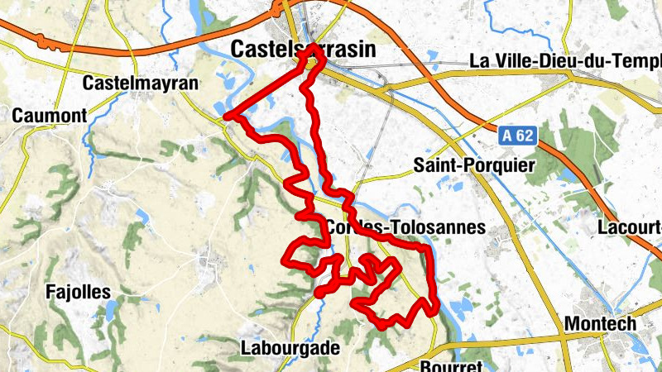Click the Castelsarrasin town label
tap(303, 50)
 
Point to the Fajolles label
tap(79, 292)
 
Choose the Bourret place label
tap(450, 365)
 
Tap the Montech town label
tap(600, 323)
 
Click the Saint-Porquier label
tap(474, 166)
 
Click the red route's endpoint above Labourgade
tap(319, 292)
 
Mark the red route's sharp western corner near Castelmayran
tap(226, 117)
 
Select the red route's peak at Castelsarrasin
tap(314, 50)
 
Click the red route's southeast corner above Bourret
tap(433, 309)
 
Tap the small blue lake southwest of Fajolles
tap(110, 310)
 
